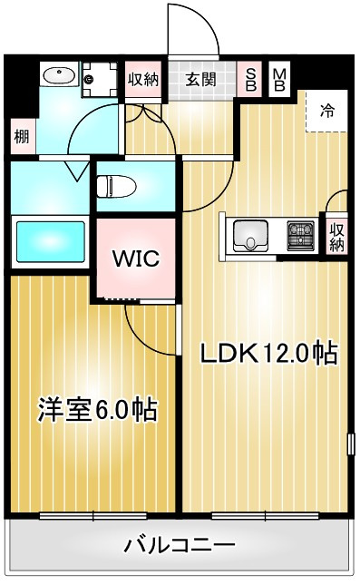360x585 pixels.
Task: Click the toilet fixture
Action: [116, 186]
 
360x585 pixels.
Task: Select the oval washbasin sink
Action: [59, 75]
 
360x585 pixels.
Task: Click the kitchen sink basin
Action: [250, 236]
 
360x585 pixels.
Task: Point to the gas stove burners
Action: [301, 236]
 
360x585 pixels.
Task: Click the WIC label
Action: [136, 258]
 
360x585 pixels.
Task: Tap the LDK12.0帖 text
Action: [269, 354]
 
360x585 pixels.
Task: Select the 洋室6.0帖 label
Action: [97, 410]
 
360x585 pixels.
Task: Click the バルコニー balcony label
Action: [180, 545]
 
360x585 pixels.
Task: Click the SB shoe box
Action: [250, 80]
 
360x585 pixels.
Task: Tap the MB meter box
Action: [279, 80]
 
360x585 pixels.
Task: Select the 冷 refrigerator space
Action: [326, 111]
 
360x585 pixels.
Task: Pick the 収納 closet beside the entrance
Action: [143, 80]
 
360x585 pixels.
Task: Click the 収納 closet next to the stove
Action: [336, 236]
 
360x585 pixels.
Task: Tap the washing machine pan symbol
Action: [100, 80]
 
